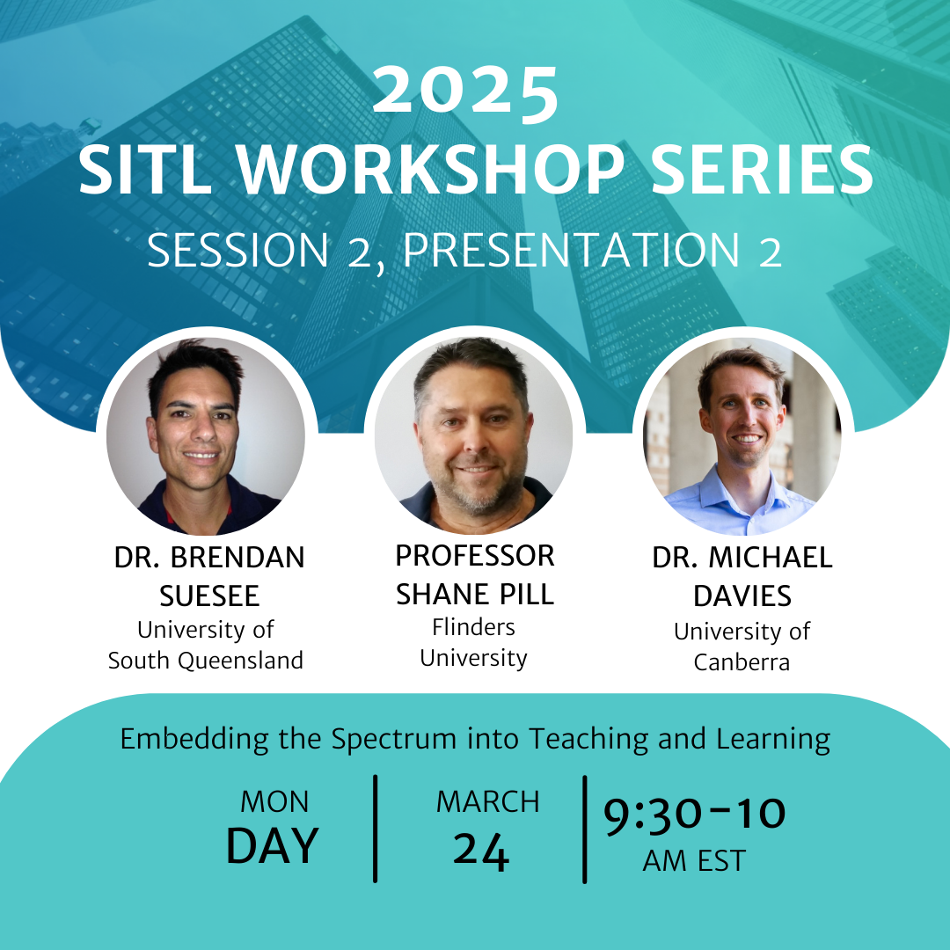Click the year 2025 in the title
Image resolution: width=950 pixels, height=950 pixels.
[465, 91]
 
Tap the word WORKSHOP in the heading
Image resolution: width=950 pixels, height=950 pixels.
[431, 171]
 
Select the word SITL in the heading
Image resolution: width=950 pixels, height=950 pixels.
[145, 171]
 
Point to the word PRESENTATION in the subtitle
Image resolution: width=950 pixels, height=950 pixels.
[572, 249]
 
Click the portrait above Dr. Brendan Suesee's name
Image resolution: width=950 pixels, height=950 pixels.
[206, 436]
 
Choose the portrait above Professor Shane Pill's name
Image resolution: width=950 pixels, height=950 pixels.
[474, 435]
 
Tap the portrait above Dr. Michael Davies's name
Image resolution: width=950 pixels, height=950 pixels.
[742, 436]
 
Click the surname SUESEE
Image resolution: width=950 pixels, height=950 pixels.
[209, 596]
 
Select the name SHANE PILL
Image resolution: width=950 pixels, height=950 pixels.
[475, 595]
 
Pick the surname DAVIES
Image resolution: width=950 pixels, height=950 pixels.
[742, 596]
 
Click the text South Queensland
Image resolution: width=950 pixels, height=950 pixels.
[205, 661]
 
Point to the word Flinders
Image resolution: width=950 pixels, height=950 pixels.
[474, 627]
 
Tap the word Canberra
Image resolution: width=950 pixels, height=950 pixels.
[742, 662]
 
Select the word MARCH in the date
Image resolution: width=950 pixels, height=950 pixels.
[487, 802]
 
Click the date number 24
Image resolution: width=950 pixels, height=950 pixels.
[481, 851]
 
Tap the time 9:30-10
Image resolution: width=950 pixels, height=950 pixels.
[694, 815]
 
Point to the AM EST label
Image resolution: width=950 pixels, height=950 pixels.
[694, 861]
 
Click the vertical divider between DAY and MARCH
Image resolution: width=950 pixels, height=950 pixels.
[376, 829]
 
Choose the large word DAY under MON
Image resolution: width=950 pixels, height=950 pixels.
[273, 846]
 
